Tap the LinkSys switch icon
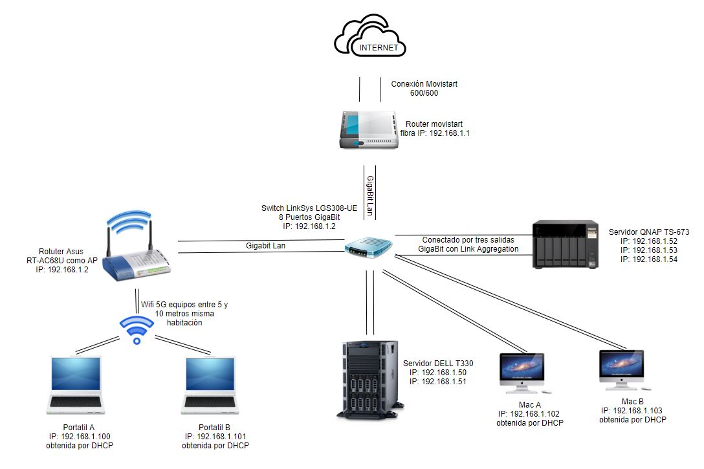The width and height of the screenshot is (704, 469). point(369,246)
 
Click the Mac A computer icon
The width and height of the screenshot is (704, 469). point(522,373)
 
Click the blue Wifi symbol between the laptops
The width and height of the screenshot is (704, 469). point(136,329)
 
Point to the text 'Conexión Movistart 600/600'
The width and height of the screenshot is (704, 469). point(423,89)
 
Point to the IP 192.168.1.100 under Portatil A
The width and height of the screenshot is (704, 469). point(77,437)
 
